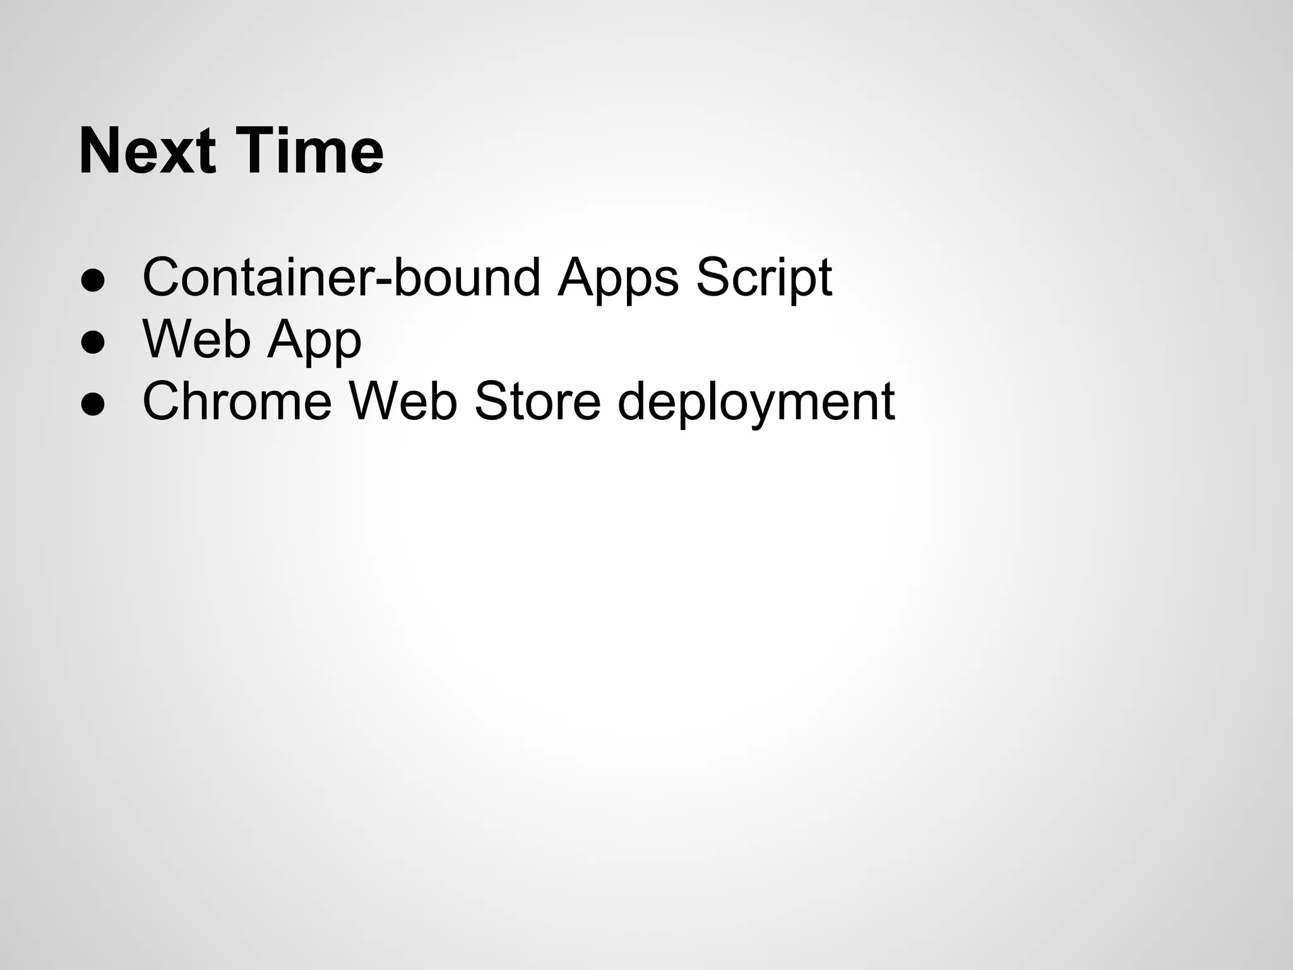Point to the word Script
coord(763,278)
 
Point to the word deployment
coord(756,402)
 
